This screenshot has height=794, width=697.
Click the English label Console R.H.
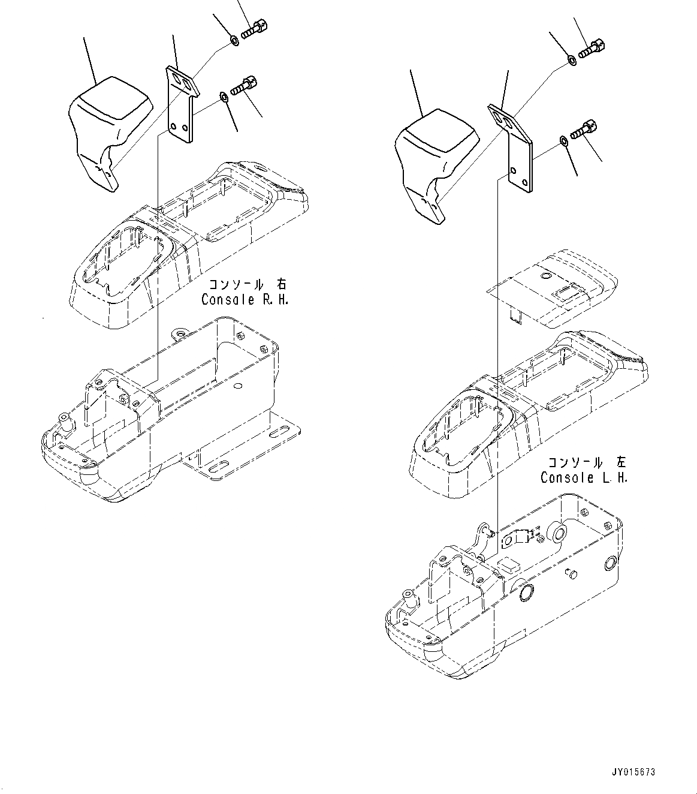pyautogui.click(x=245, y=299)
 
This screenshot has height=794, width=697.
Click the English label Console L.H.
pyautogui.click(x=584, y=477)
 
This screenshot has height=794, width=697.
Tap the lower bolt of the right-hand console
pyautogui.click(x=243, y=85)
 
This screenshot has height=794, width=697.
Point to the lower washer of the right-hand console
pyautogui.click(x=223, y=95)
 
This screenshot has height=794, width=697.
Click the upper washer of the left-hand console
pyautogui.click(x=572, y=61)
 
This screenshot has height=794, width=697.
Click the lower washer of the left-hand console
pyautogui.click(x=564, y=141)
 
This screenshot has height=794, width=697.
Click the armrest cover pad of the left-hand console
pyautogui.click(x=435, y=162)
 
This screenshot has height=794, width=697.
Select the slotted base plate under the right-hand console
pyautogui.click(x=252, y=444)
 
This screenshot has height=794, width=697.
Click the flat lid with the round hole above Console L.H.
pyautogui.click(x=551, y=288)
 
